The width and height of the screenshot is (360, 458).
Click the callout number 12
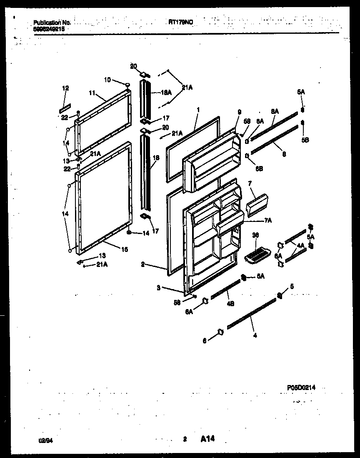tap(65, 88)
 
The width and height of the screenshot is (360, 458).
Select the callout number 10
tap(107, 79)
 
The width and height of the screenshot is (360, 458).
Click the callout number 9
tap(240, 111)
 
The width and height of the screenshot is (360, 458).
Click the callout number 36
tap(255, 235)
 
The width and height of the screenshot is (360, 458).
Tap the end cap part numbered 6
tap(220, 332)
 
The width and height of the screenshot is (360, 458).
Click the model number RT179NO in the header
tap(181, 23)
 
